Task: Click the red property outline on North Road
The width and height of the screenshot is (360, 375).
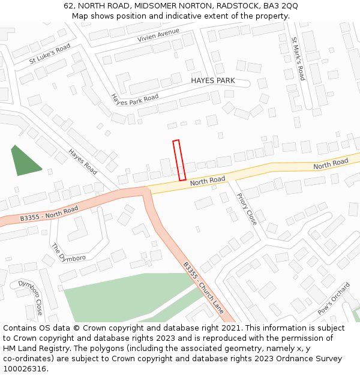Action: (179, 160)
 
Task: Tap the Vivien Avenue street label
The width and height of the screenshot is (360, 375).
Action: (158, 35)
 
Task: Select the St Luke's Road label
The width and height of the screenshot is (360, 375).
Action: (50, 54)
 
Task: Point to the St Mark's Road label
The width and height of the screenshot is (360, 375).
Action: (298, 59)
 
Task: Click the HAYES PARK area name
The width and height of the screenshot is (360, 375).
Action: (212, 80)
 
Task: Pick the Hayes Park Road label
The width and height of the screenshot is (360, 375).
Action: (135, 100)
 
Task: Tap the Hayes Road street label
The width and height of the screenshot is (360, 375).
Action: (83, 162)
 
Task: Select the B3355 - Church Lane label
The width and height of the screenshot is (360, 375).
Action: (203, 287)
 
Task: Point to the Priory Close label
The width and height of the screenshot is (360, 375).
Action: (247, 209)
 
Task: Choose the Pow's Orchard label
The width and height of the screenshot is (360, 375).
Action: (333, 299)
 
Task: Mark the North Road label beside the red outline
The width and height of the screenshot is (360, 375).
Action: (208, 180)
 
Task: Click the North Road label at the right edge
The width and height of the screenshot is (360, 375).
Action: (331, 163)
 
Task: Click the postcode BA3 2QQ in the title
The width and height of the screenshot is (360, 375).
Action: (283, 6)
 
